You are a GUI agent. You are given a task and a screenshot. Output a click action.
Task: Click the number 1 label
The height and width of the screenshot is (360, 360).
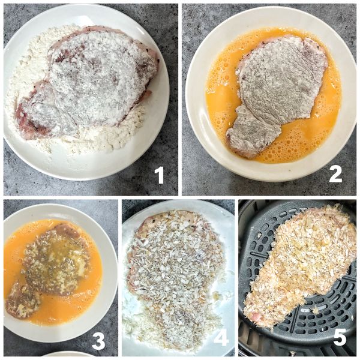point(159,175)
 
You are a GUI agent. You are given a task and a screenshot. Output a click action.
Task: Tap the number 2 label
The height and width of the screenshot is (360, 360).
point(335,173)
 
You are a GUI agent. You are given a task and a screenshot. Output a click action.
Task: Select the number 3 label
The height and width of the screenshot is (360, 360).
point(98,341)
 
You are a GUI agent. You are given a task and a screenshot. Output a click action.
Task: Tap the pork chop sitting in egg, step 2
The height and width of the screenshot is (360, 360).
point(276,90)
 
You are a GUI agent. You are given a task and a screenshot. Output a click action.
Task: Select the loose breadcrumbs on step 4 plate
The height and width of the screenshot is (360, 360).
point(144,327)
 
